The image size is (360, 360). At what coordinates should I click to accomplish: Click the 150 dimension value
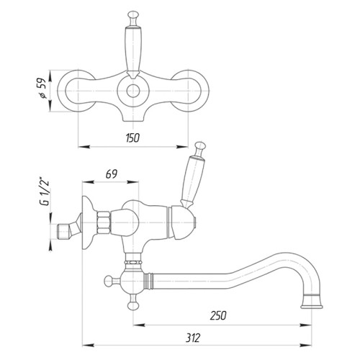click(x=132, y=138)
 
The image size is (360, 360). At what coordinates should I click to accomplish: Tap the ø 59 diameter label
click(x=42, y=89)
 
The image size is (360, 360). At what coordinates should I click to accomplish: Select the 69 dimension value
click(x=112, y=174)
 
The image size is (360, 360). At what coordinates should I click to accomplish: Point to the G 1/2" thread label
click(x=44, y=192)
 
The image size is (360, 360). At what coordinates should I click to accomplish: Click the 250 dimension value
click(x=218, y=315)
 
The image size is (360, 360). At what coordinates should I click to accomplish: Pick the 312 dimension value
click(x=193, y=338)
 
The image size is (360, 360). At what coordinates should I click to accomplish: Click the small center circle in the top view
click(x=133, y=91)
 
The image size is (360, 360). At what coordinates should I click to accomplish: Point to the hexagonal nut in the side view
click(x=104, y=222)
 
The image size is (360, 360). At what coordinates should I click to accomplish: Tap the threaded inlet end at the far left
click(x=63, y=231)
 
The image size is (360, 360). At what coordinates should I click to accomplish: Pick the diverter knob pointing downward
click(x=133, y=305)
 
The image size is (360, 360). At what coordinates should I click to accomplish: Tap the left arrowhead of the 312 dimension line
click(x=88, y=346)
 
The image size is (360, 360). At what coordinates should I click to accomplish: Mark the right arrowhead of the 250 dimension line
click(x=306, y=325)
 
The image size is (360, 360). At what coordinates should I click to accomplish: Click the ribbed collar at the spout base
click(x=148, y=281)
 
